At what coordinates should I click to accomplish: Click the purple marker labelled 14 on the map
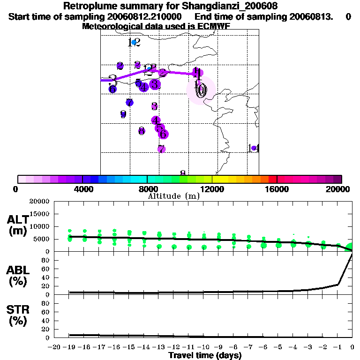point(254,148)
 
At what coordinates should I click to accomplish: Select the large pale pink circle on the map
point(201,90)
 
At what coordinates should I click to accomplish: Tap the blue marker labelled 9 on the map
point(123,114)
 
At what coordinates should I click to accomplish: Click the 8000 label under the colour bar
point(147,189)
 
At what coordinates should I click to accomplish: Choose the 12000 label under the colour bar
point(212,189)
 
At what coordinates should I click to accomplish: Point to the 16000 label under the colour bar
point(277,189)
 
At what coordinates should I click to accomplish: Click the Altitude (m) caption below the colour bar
point(173,196)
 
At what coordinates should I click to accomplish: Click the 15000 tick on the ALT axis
point(39,214)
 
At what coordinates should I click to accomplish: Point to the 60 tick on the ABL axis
point(46,269)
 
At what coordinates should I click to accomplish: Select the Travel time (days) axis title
point(205,355)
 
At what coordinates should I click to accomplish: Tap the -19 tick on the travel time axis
point(69,347)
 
